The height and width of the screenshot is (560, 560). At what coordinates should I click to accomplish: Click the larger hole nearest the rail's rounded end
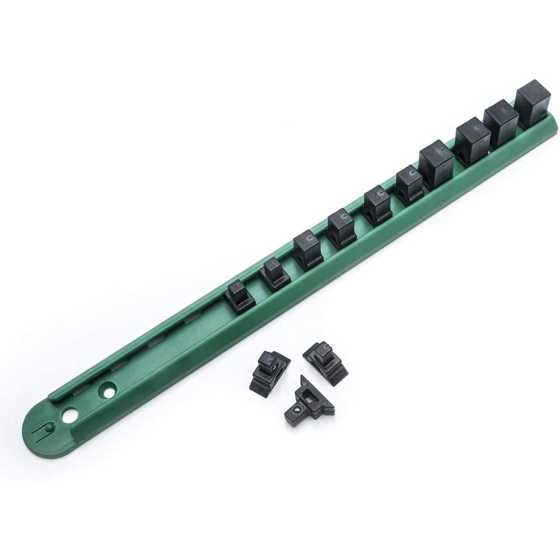pyautogui.click(x=69, y=416)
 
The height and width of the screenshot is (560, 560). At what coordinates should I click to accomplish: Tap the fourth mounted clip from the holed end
pyautogui.click(x=342, y=227)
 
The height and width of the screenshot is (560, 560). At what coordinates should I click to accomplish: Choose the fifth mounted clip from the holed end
pyautogui.click(x=377, y=206)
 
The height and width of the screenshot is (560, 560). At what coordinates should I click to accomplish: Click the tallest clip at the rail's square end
pyautogui.click(x=531, y=104)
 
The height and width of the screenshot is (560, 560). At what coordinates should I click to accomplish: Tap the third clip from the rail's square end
pyautogui.click(x=473, y=142)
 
